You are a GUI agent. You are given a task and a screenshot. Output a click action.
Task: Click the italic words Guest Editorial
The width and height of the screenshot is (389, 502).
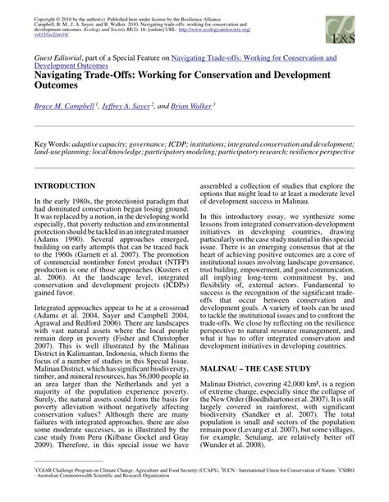click(x=59, y=59)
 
